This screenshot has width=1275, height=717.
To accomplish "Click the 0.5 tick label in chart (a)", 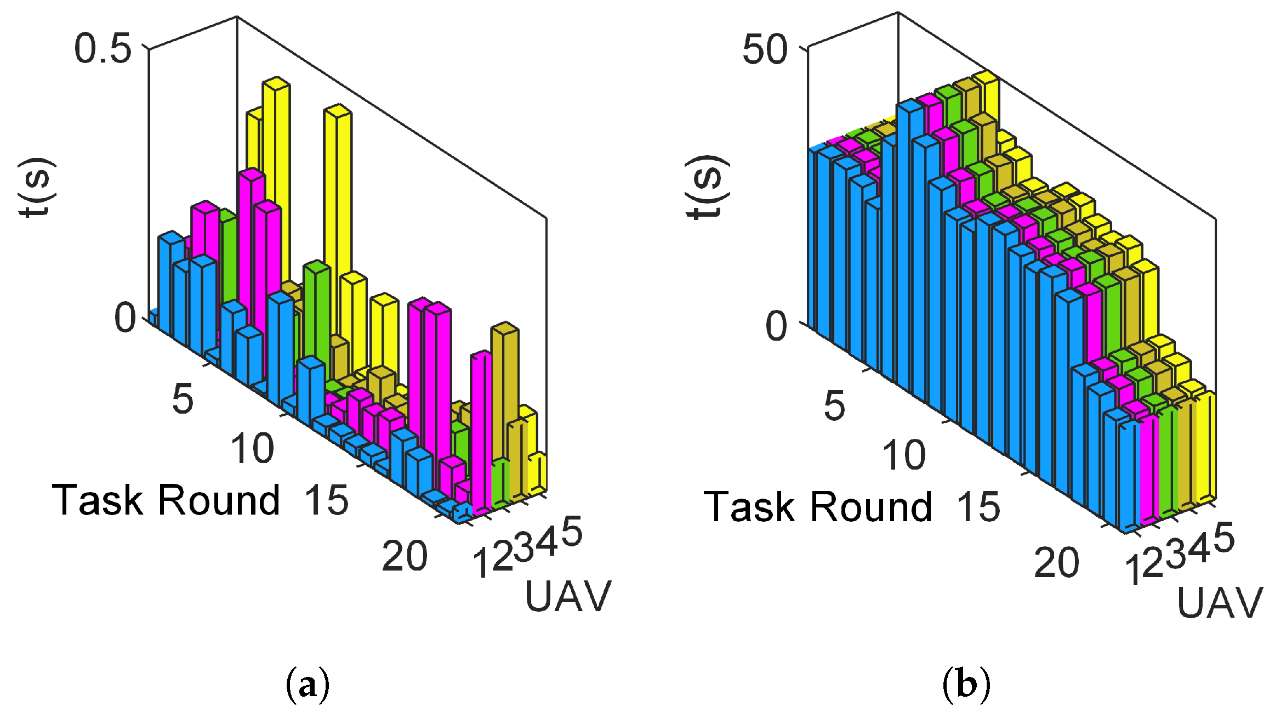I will click(x=103, y=48).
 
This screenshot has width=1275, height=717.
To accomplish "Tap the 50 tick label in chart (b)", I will click(x=765, y=50).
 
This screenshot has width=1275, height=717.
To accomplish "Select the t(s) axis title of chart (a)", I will click(x=37, y=188).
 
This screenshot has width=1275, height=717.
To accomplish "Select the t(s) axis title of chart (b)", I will click(x=707, y=188).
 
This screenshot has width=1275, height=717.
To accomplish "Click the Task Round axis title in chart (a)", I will click(x=166, y=500).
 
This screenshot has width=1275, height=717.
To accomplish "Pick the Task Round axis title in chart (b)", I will click(x=817, y=506).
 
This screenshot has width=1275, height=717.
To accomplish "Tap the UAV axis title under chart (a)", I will click(x=568, y=596).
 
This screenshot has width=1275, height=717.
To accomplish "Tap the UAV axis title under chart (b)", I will click(x=1220, y=603).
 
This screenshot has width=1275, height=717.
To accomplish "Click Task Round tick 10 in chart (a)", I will click(x=252, y=449).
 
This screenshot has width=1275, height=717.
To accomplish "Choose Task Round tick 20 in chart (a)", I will click(x=405, y=556).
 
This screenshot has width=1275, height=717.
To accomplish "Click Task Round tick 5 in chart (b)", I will click(x=834, y=406).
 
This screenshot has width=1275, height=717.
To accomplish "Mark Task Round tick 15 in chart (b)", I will click(x=978, y=506).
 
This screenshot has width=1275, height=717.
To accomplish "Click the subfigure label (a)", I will click(x=308, y=684).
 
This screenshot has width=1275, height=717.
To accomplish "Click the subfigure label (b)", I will click(x=966, y=684).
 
